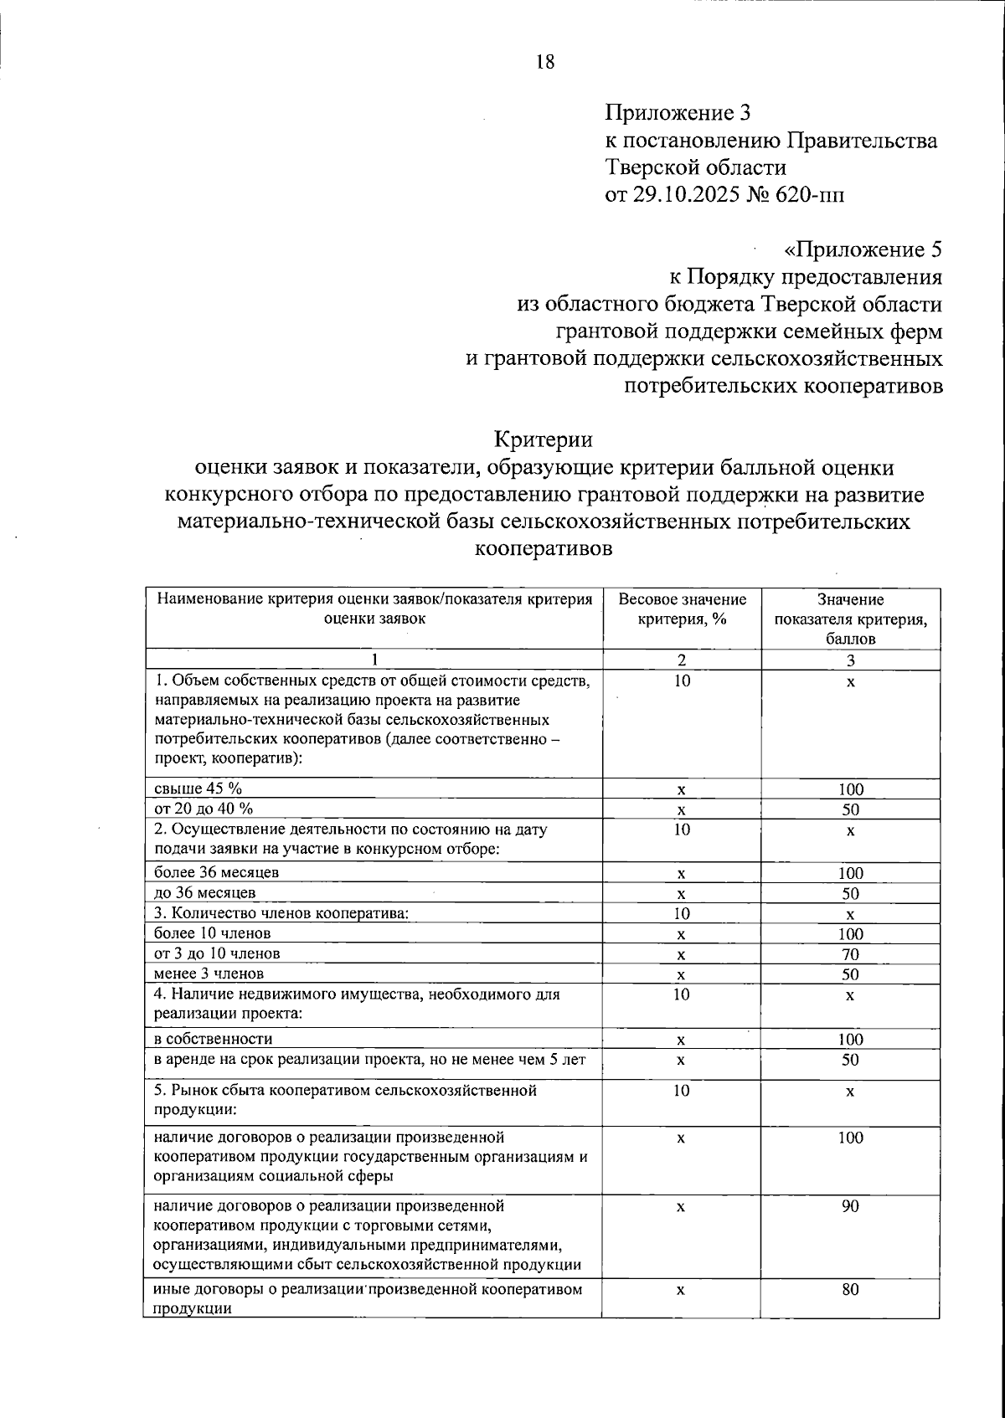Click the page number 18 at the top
tap(544, 62)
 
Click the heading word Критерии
tap(544, 439)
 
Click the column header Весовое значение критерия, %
tap(682, 609)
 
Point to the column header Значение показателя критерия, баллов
tap(850, 619)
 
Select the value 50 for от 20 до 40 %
tap(850, 809)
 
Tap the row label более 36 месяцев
tap(217, 871)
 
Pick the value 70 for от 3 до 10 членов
tap(850, 954)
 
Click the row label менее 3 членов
tap(209, 973)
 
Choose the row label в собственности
tap(214, 1039)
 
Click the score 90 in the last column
tap(850, 1206)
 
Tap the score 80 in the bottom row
tap(850, 1290)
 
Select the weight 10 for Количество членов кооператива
tap(682, 913)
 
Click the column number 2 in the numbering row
tap(682, 660)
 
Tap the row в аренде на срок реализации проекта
tap(369, 1060)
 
